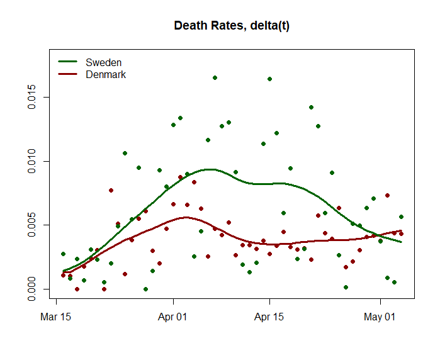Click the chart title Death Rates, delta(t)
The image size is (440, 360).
tap(232, 26)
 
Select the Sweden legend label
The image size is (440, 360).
tap(103, 62)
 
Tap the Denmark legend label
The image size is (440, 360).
tap(106, 74)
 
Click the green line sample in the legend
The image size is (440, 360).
tap(67, 61)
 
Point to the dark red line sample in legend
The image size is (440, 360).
tap(67, 74)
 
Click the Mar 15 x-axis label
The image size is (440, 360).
tap(55, 317)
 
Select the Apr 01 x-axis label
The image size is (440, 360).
tap(172, 317)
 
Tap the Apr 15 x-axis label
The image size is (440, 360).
tap(269, 317)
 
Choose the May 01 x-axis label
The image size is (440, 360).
tap(380, 317)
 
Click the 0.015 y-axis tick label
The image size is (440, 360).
tap(31, 97)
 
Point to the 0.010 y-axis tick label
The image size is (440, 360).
tap(31, 161)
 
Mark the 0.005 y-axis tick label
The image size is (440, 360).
tap(31, 225)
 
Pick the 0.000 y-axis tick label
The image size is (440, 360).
tap(31, 289)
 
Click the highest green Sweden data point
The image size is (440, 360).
tap(215, 77)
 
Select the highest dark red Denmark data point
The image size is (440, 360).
tap(181, 177)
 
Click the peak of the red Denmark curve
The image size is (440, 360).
tap(186, 217)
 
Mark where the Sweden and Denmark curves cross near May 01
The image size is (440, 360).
tap(379, 235)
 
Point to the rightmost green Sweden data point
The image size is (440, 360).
tap(401, 217)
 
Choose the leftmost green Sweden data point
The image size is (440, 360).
tap(63, 254)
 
